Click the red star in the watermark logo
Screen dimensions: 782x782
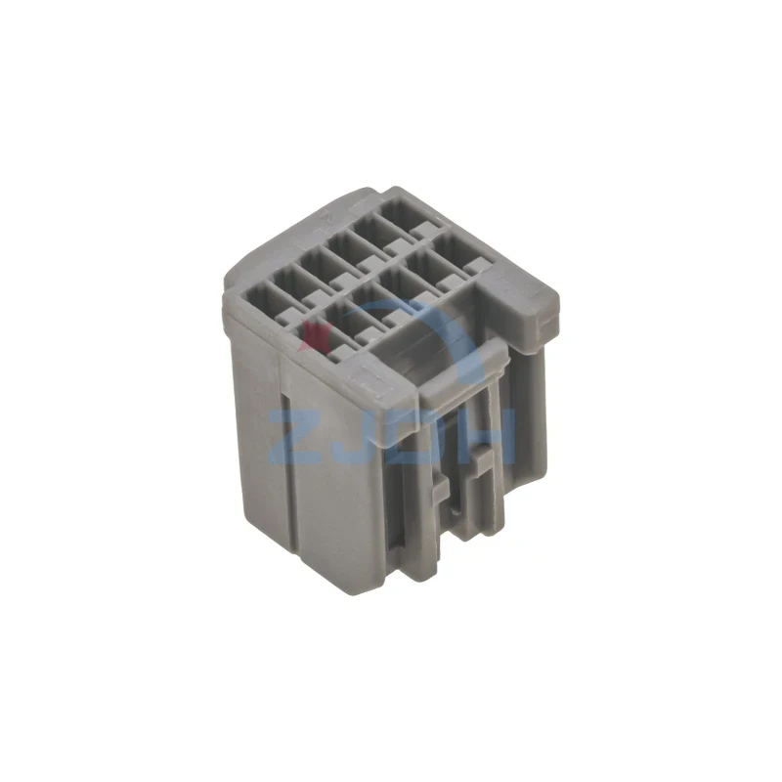tap(315, 335)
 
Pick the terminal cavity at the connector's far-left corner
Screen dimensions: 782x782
tap(262, 299)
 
